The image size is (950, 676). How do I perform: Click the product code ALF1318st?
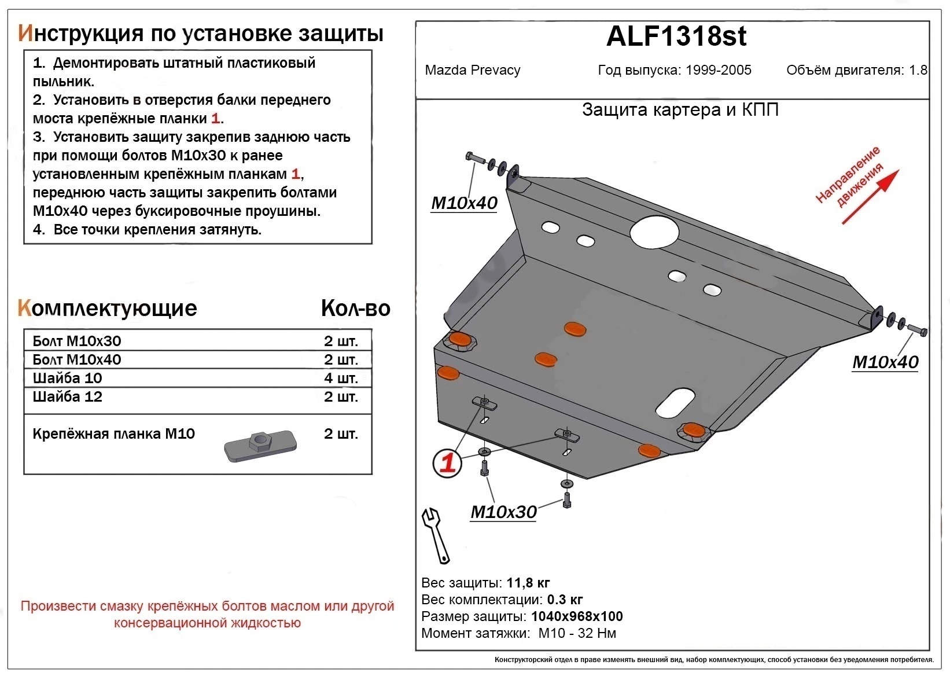pyautogui.click(x=676, y=36)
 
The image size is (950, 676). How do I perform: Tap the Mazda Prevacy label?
pyautogui.click(x=472, y=71)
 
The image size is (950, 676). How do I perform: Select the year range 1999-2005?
pyautogui.click(x=719, y=71)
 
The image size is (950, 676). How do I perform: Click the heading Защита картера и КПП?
pyautogui.click(x=680, y=110)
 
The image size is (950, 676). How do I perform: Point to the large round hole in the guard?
pyautogui.click(x=654, y=232)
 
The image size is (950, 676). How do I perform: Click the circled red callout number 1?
pyautogui.click(x=447, y=463)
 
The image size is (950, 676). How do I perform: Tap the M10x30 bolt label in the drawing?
pyautogui.click(x=503, y=512)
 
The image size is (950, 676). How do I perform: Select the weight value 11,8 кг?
pyautogui.click(x=528, y=583)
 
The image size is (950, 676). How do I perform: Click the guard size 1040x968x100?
pyautogui.click(x=577, y=616)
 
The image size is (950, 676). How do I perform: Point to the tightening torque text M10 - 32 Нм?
pyautogui.click(x=577, y=633)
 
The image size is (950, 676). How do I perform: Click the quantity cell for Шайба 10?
pyautogui.click(x=341, y=379)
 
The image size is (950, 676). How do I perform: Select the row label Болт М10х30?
pyautogui.click(x=77, y=341)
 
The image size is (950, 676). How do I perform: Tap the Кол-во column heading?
pyautogui.click(x=355, y=308)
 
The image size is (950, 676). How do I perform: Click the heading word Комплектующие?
pyautogui.click(x=108, y=308)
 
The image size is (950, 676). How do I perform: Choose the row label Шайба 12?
pyautogui.click(x=68, y=397)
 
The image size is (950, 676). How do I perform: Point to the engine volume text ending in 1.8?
pyautogui.click(x=856, y=71)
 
